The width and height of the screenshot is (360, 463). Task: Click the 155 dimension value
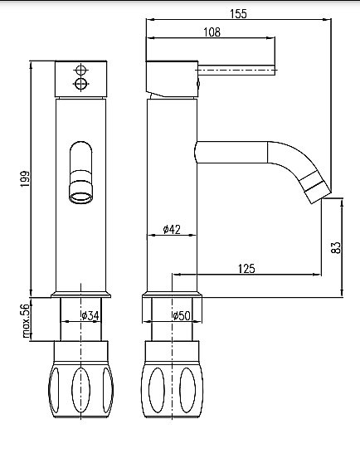click(240, 13)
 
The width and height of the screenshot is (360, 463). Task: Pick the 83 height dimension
click(336, 247)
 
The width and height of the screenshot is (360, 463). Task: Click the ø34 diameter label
click(90, 315)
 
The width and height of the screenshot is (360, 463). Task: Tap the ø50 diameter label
click(182, 315)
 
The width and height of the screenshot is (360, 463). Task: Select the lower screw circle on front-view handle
click(80, 85)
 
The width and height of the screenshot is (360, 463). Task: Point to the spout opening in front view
click(80, 197)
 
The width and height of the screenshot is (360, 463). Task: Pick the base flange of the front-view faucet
click(80, 294)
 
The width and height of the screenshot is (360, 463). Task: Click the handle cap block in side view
click(173, 78)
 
